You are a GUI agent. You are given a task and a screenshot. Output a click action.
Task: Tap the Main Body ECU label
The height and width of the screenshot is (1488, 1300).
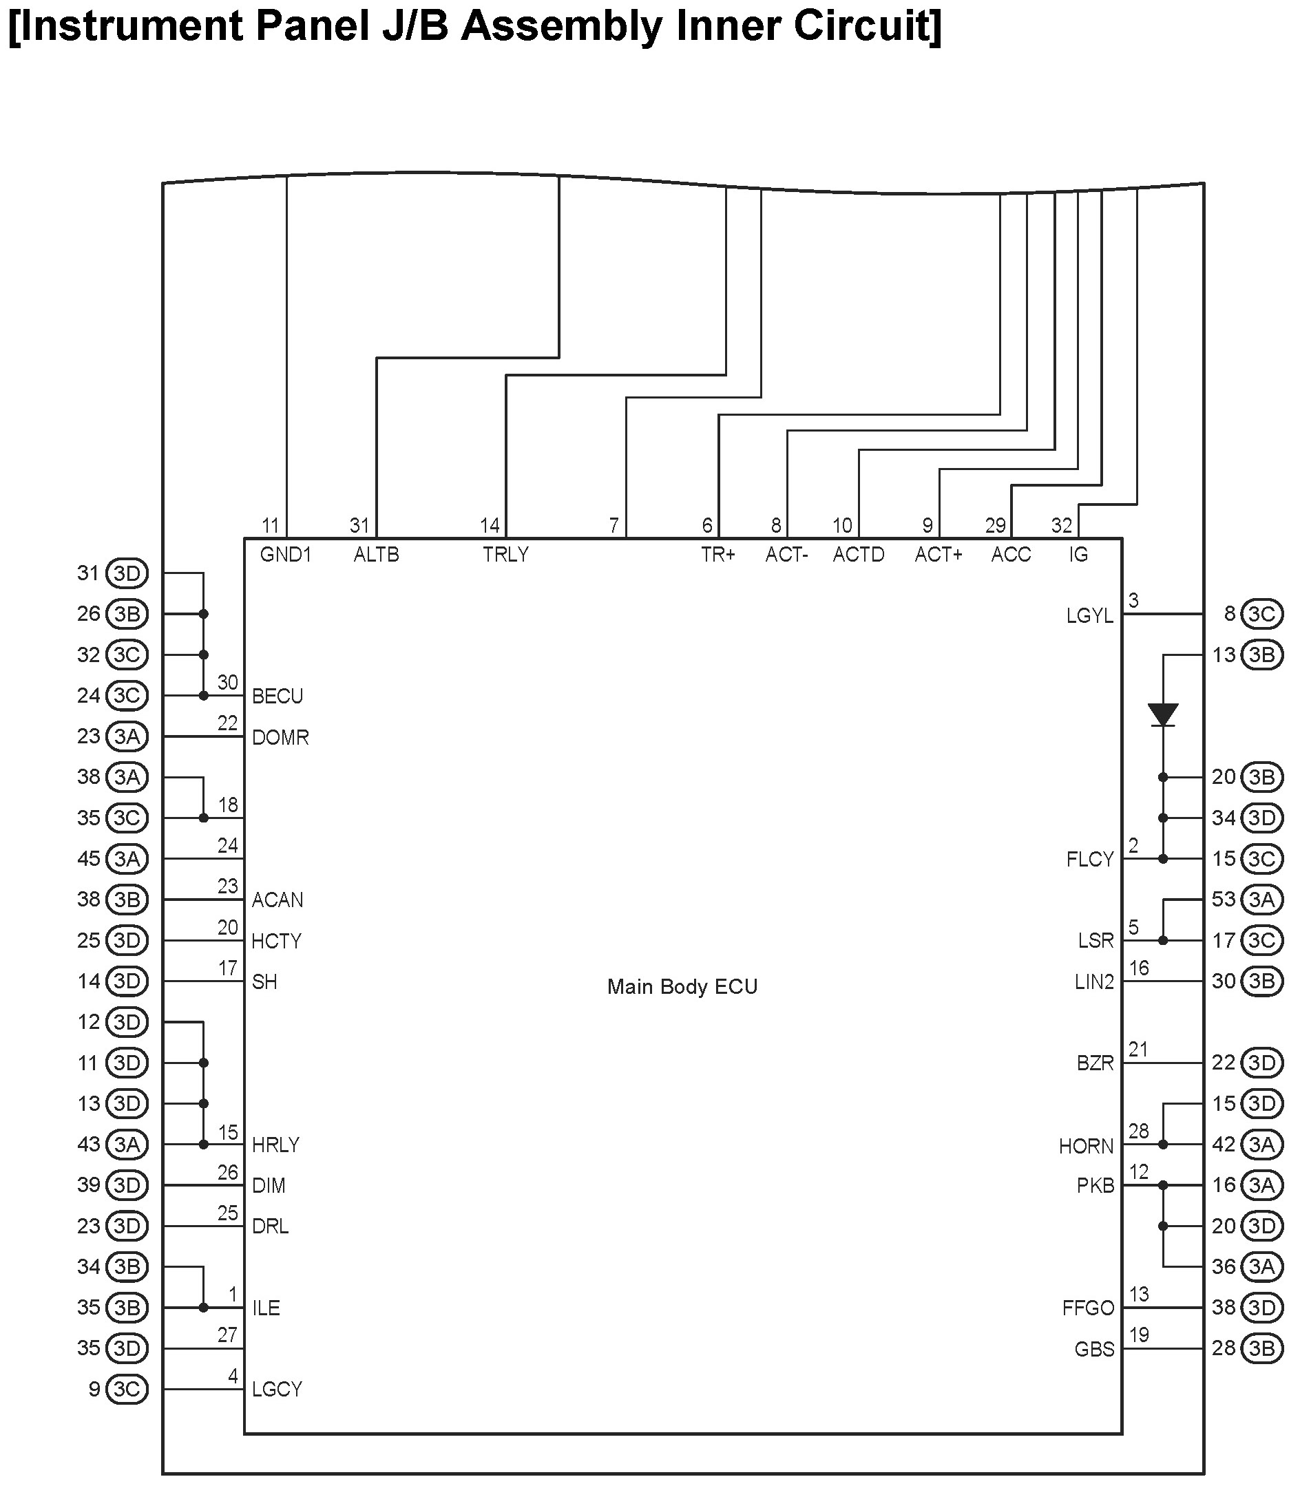point(682,987)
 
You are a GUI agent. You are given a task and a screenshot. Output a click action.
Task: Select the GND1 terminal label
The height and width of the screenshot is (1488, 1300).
point(286,555)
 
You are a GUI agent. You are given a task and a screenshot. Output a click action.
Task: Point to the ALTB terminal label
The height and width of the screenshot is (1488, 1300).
point(377,555)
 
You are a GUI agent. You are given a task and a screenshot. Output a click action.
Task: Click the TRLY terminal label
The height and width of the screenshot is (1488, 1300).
point(505,555)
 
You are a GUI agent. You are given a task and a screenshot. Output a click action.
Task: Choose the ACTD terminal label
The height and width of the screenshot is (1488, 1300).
point(858,555)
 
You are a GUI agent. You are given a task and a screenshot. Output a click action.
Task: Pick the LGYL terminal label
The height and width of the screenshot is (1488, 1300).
point(1089,616)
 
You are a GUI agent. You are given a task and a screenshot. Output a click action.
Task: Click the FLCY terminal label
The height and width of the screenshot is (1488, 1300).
point(1089,860)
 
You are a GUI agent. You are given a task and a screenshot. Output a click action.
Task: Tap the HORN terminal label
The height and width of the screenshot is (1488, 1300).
point(1086,1147)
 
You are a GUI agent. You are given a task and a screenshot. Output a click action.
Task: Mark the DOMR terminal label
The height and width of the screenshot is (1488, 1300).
point(280,738)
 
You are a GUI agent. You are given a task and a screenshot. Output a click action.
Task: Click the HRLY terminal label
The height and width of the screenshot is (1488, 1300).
point(275,1145)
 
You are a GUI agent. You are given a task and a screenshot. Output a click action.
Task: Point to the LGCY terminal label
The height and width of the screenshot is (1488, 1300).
point(276,1390)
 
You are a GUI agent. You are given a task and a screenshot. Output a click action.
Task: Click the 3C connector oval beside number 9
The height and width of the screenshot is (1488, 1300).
point(127,1390)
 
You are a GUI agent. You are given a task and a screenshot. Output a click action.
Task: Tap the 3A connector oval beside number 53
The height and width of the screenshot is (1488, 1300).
point(1261,900)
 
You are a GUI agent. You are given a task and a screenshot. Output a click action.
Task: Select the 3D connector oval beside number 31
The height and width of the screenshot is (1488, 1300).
point(127,573)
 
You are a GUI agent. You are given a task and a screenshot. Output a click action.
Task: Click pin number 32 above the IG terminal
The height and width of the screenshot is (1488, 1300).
point(1061,525)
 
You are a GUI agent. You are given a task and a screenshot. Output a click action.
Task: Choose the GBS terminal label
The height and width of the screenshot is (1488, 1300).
point(1094,1350)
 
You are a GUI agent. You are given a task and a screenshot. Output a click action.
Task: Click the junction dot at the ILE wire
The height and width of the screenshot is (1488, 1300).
point(204,1308)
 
